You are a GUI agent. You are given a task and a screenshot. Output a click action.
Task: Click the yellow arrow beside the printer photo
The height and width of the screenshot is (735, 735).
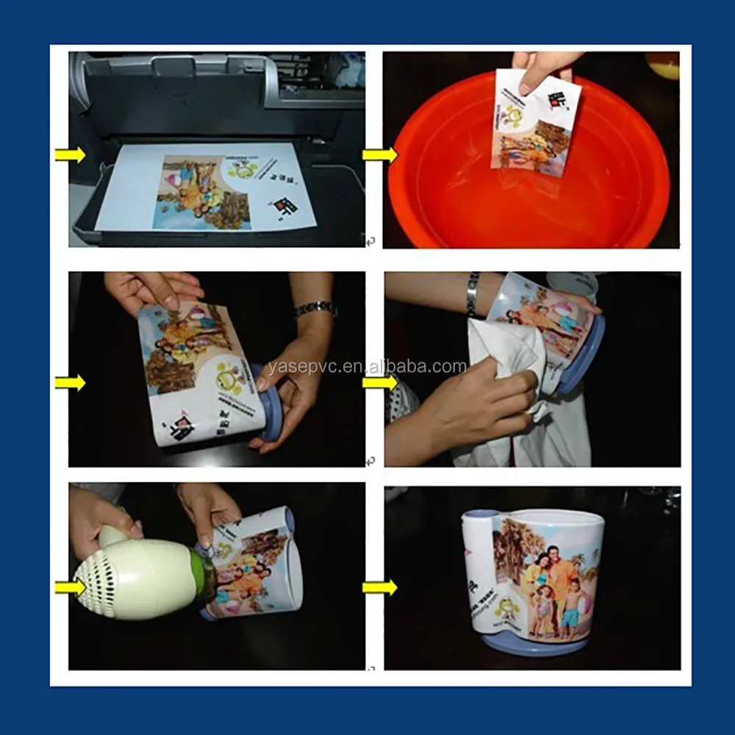click(70, 154)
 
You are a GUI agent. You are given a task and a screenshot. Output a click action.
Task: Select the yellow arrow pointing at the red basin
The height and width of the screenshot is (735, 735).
click(379, 154)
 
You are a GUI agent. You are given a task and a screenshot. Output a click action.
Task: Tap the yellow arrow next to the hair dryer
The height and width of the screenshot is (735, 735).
click(70, 587)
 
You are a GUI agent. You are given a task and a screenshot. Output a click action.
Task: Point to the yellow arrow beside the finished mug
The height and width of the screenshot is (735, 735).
click(379, 587)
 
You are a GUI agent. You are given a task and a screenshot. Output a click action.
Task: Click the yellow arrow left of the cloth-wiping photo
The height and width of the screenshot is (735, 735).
click(379, 382)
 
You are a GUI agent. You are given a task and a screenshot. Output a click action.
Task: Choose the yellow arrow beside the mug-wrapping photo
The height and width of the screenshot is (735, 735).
click(70, 382)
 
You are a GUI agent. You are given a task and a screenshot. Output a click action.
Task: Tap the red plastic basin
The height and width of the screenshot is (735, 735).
click(529, 198)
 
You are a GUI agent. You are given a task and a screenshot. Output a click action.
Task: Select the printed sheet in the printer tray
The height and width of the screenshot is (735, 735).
click(213, 187)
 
